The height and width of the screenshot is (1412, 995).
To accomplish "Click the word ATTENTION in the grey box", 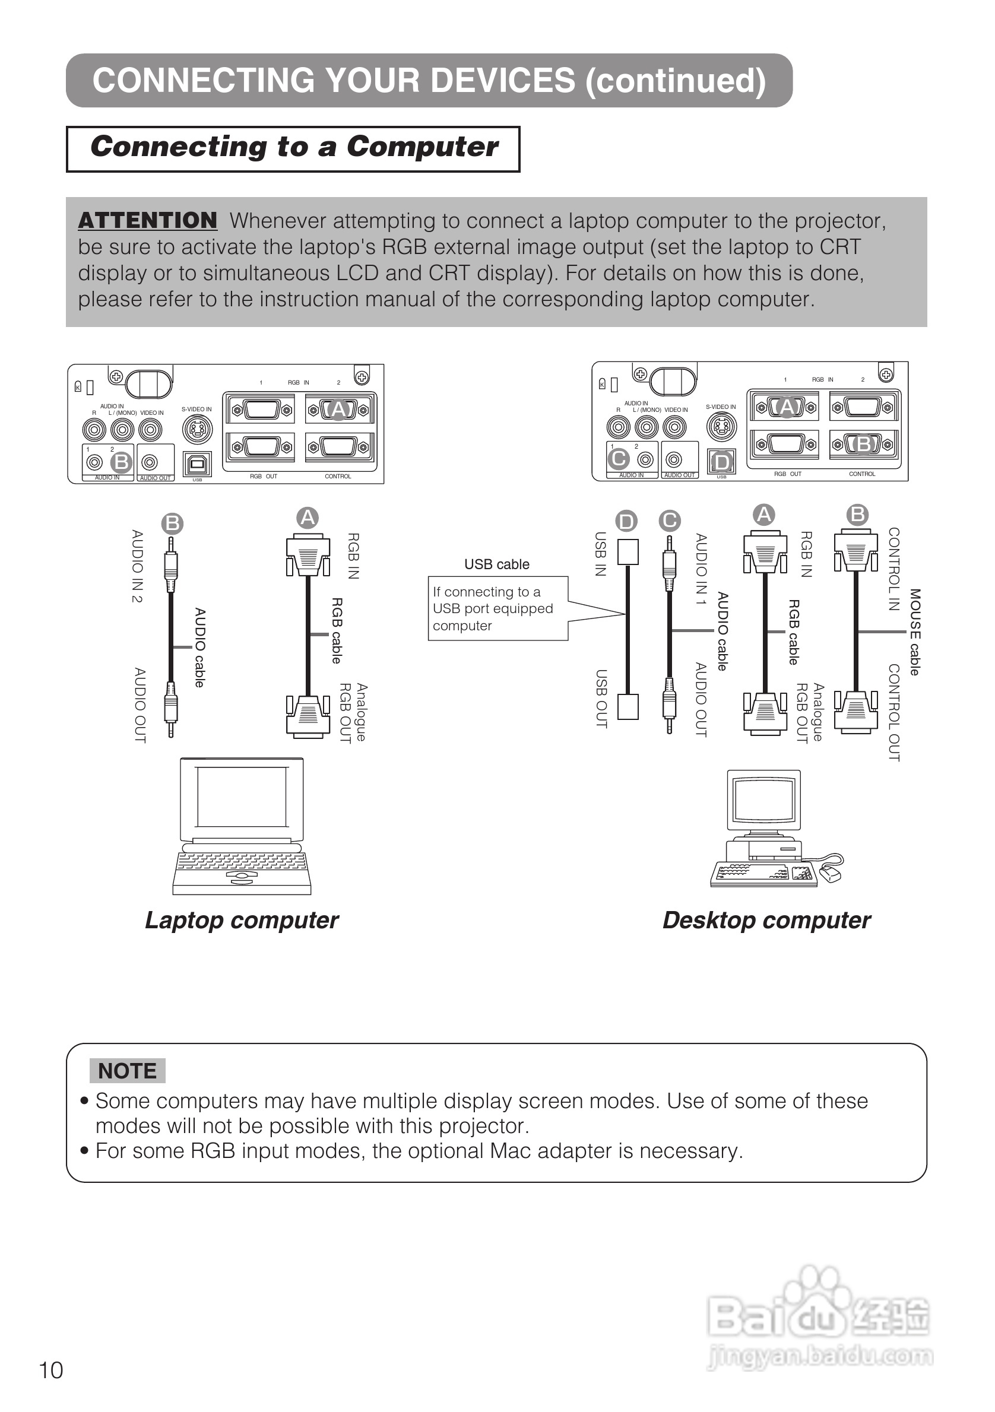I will coord(148,220).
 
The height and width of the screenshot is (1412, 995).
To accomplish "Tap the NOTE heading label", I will coord(127,1071).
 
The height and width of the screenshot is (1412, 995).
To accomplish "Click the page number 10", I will coord(51,1370).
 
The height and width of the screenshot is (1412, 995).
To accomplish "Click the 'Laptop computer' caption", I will coord(242,920).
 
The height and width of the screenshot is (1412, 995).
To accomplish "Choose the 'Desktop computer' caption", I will coord(766,920).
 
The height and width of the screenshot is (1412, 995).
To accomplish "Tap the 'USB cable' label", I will coord(496,564).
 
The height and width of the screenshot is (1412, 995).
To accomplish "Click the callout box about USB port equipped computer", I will coord(497,608).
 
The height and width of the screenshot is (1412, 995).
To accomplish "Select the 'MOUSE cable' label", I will coord(915,632).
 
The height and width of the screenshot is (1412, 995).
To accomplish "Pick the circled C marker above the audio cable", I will coord(669,521).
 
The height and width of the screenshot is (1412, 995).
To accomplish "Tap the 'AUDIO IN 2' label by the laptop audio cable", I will coord(137,566).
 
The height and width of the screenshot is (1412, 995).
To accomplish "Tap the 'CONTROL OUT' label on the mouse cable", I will coord(894,713).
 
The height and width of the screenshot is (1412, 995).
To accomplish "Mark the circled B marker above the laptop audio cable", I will coord(172,523).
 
